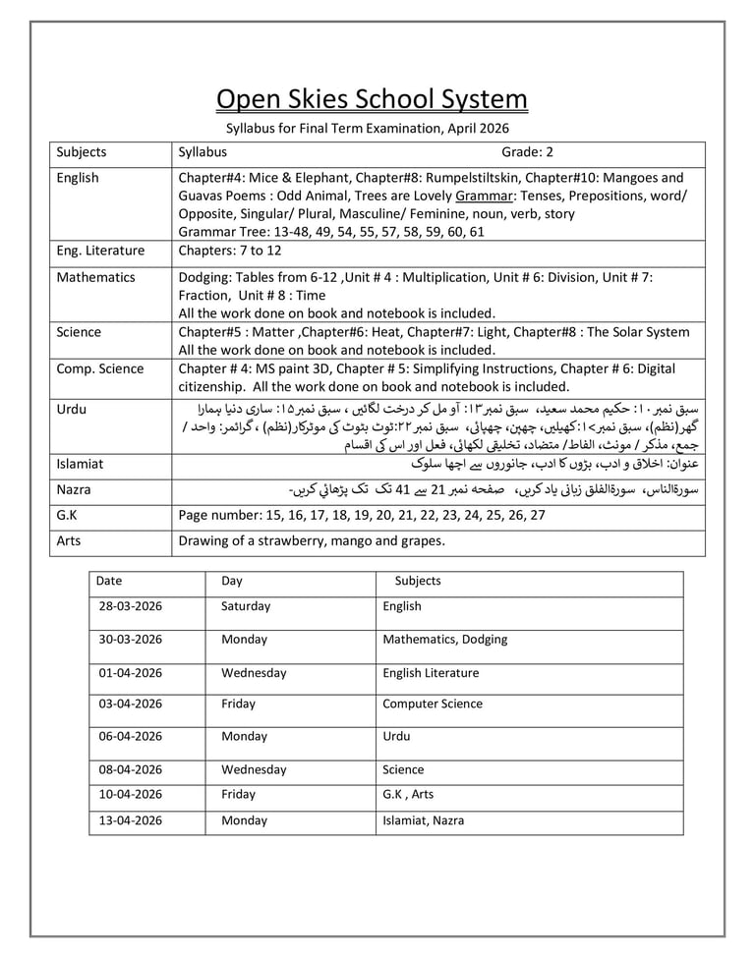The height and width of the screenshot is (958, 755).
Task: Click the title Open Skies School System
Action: pyautogui.click(x=372, y=100)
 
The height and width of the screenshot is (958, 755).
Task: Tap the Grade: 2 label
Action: pyautogui.click(x=528, y=152)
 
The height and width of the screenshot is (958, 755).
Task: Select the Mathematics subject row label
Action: pyautogui.click(x=95, y=277)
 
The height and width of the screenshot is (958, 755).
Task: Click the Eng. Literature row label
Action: pyautogui.click(x=100, y=251)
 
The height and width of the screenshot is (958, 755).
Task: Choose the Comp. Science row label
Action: pyautogui.click(x=99, y=368)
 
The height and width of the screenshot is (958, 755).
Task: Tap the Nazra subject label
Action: pyautogui.click(x=74, y=488)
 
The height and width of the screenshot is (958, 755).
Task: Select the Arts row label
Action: pyautogui.click(x=69, y=540)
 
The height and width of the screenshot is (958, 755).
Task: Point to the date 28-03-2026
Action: pyautogui.click(x=130, y=606)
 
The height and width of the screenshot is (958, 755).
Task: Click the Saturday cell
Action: pyautogui.click(x=246, y=606)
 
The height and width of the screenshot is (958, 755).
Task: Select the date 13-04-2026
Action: pyautogui.click(x=130, y=819)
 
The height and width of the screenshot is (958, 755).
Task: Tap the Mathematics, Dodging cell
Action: pyautogui.click(x=444, y=639)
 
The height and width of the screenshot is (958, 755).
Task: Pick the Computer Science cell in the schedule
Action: pyautogui.click(x=433, y=704)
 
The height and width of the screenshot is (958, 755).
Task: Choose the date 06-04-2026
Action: pyautogui.click(x=130, y=736)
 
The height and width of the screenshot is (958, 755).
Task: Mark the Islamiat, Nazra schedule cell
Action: pyautogui.click(x=423, y=819)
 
